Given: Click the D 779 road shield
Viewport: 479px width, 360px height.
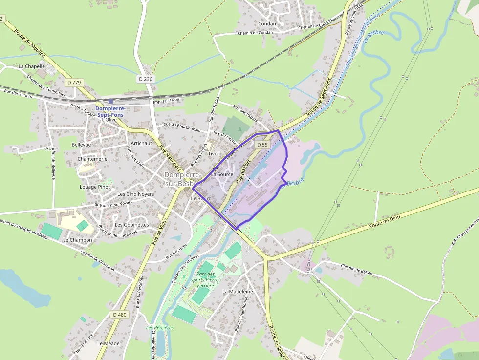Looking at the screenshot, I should (74, 83).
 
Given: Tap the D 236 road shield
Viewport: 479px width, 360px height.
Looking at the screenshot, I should (146, 79).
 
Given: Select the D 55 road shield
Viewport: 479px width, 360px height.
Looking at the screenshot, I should (262, 145).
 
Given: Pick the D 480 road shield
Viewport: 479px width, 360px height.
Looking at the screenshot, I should (119, 315).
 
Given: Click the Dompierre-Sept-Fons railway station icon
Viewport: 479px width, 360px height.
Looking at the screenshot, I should (110, 101).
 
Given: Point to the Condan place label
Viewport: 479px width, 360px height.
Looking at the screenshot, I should (267, 23).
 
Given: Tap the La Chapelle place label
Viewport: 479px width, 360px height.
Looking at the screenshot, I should (32, 66).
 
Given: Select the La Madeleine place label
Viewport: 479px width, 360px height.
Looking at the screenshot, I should (238, 291).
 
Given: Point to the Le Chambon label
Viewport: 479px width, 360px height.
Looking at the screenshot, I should (77, 240).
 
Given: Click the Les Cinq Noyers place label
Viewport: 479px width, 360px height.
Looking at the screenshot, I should (135, 194).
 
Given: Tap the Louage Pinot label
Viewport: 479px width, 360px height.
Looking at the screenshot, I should (95, 187).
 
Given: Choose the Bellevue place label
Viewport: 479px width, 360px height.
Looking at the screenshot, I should (81, 145).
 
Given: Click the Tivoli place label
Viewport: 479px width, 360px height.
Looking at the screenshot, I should (214, 153).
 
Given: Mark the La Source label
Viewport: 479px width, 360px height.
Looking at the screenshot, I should (222, 174).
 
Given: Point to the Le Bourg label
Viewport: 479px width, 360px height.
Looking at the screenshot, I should (200, 198).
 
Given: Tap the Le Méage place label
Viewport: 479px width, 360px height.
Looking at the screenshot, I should (108, 343).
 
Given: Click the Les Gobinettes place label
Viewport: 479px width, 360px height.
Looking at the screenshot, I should (131, 224).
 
